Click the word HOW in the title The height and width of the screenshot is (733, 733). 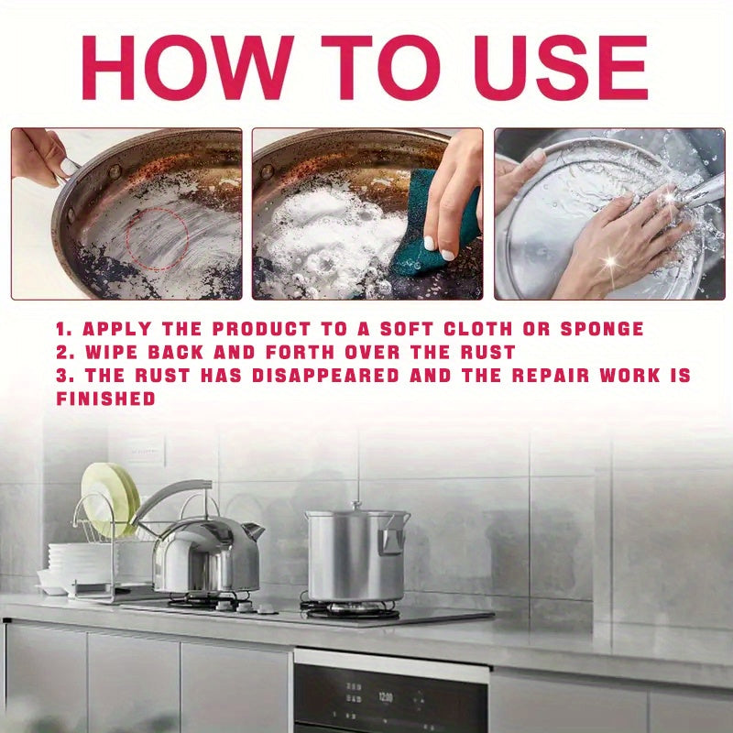[187, 67]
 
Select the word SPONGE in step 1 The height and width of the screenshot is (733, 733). [602, 329]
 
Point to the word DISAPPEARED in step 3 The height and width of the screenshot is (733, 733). [325, 376]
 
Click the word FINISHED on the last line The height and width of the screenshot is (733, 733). [105, 399]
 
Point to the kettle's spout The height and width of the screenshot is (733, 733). [253, 531]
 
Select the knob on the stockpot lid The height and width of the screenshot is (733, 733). [356, 506]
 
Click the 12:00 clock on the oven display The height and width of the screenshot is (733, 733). [385, 697]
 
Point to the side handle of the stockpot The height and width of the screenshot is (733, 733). [391, 539]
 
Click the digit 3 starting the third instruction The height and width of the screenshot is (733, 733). [61, 376]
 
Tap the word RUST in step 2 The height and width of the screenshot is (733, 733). [487, 352]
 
